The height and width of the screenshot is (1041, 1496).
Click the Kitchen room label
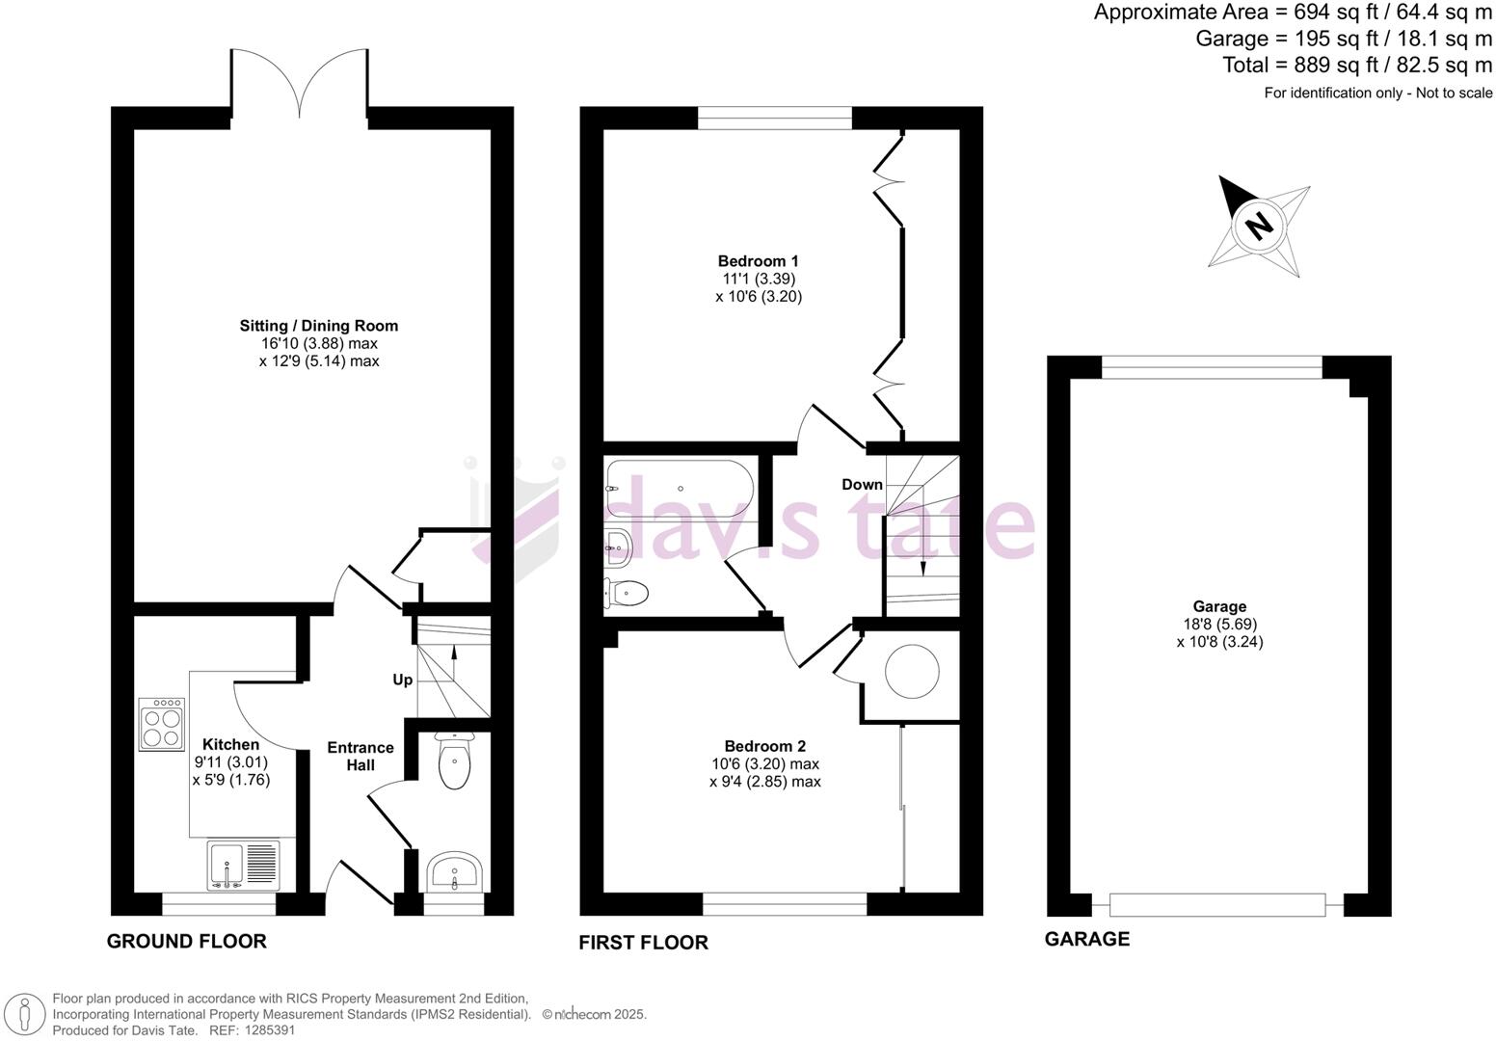[230, 744]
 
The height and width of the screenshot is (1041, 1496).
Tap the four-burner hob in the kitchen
[162, 725]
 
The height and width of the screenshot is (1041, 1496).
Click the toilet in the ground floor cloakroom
[453, 762]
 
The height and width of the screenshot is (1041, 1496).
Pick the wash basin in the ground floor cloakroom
[453, 873]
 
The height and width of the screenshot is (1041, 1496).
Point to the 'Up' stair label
[402, 680]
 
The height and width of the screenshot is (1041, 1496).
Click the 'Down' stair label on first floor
[862, 484]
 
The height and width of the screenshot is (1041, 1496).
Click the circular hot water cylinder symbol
[912, 672]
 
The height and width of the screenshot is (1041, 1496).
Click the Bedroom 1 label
[758, 260]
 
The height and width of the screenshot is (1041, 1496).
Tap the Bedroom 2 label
[764, 745]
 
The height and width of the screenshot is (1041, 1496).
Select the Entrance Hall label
[361, 756]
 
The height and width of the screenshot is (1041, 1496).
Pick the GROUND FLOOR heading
[186, 941]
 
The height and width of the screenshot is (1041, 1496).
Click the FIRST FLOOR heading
[643, 943]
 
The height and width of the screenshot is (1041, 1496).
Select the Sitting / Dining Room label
[319, 326]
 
